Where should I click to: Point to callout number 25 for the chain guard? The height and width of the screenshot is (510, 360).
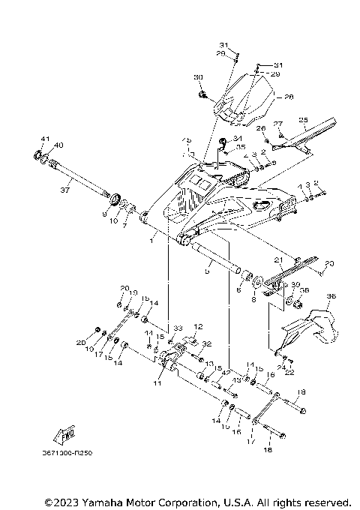(x=304, y=120)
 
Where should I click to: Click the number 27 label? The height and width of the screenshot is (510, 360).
(x=277, y=124)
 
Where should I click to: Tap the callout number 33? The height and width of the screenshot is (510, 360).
(x=179, y=328)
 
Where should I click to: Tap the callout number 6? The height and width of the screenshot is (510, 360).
(x=238, y=288)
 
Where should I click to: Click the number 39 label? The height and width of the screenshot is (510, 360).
(x=295, y=285)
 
